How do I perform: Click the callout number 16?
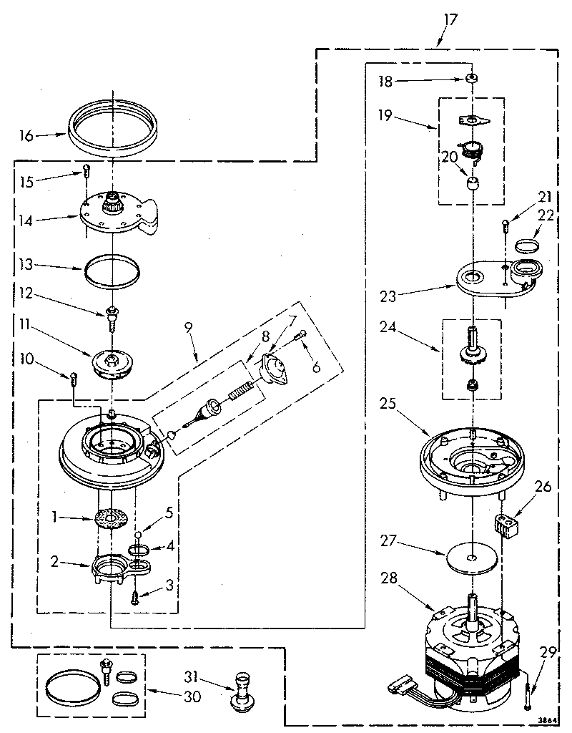tap(26, 135)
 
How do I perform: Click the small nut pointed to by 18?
tap(472, 79)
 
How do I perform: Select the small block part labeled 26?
tap(505, 527)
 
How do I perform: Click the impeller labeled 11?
tap(114, 361)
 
